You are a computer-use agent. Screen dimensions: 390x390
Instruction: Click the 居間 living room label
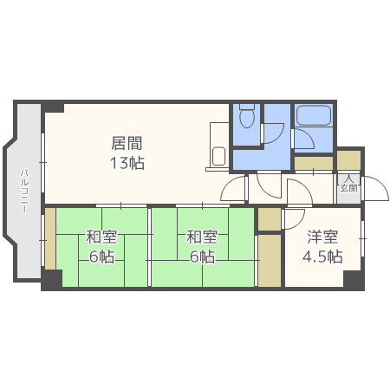pyautogui.click(x=127, y=143)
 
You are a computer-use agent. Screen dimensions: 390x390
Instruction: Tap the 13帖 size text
pyautogui.click(x=127, y=162)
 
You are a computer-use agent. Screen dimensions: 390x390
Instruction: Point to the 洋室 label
pyautogui.click(x=322, y=237)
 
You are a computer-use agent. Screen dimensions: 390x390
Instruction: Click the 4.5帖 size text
pyautogui.click(x=322, y=257)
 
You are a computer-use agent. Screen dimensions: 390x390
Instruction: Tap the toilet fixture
pyautogui.click(x=245, y=116)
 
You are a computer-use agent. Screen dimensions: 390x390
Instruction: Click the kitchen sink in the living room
pyautogui.click(x=218, y=157)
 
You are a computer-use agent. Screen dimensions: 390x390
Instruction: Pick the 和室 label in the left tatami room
pyautogui.click(x=101, y=237)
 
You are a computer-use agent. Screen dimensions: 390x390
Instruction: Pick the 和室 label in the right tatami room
pyautogui.click(x=201, y=237)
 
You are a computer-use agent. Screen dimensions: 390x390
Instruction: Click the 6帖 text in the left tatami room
pyautogui.click(x=101, y=257)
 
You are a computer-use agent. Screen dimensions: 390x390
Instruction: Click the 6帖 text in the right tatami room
pyautogui.click(x=201, y=257)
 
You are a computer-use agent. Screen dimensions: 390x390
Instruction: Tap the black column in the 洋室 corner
pyautogui.click(x=352, y=281)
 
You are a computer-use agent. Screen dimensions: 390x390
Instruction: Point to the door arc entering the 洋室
pyautogui.click(x=293, y=218)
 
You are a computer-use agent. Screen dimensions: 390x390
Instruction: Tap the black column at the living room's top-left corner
pyautogui.click(x=53, y=107)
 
